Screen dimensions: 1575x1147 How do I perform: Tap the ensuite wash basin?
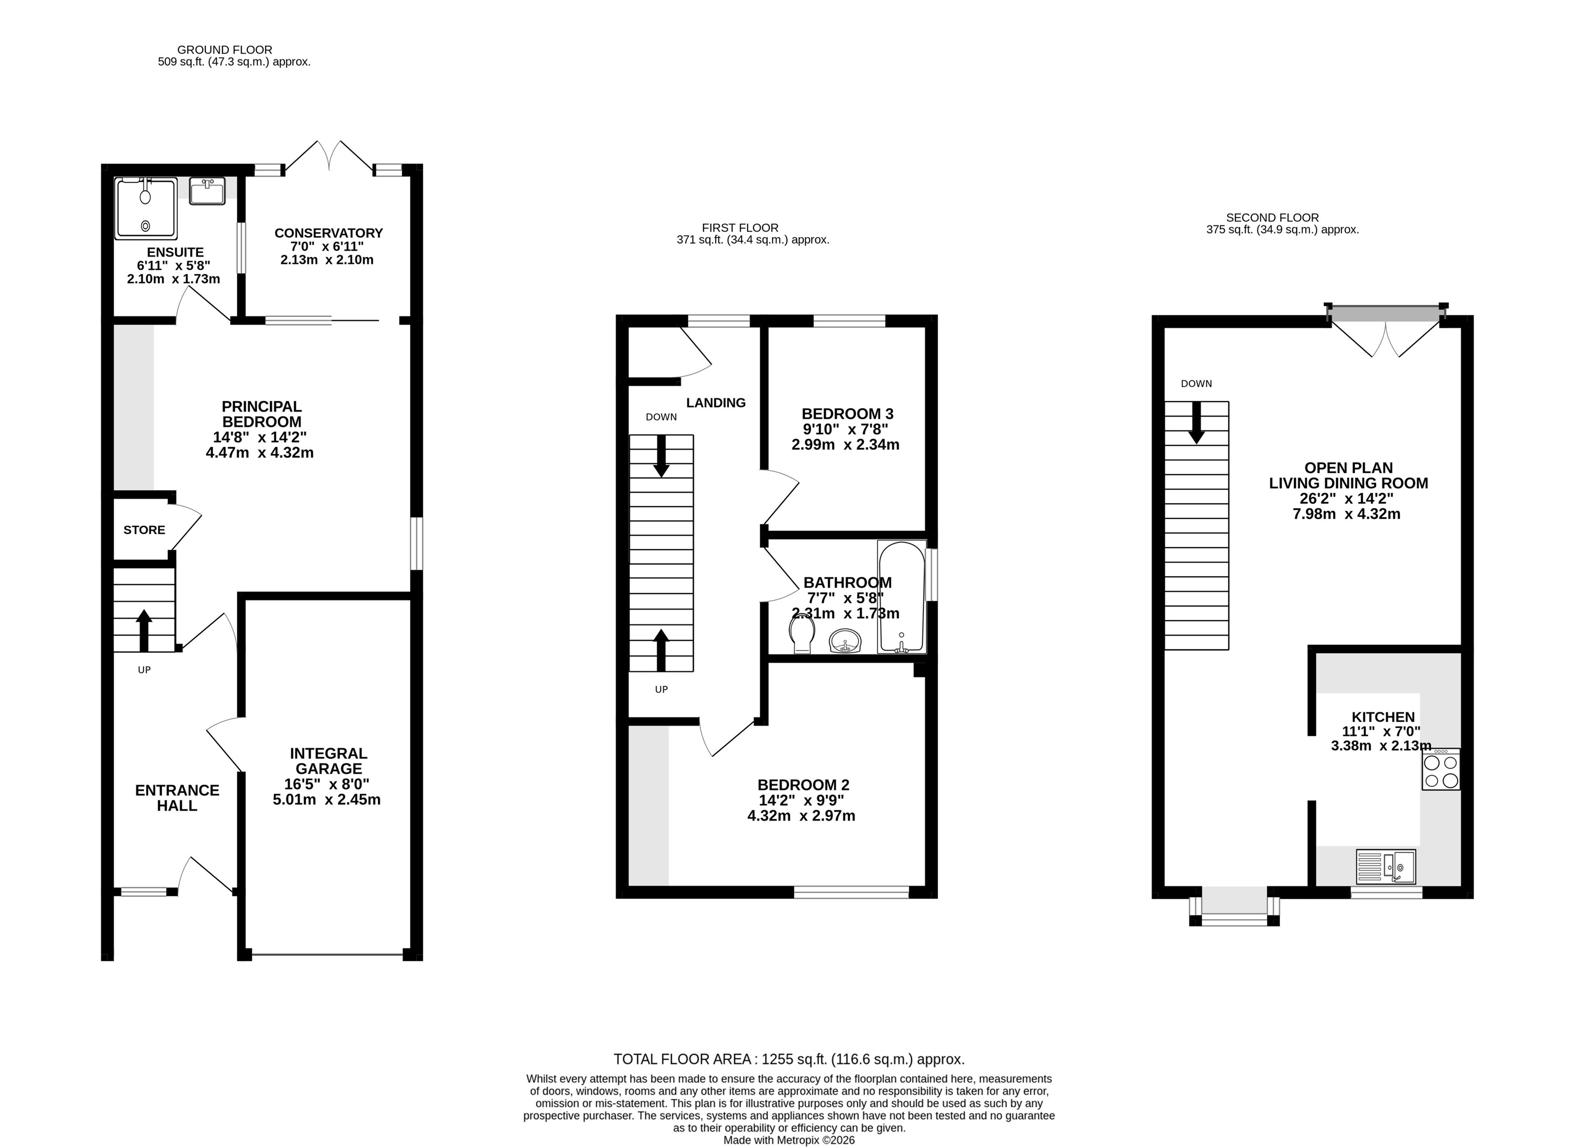(207, 191)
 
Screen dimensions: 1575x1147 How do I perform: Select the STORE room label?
(145, 530)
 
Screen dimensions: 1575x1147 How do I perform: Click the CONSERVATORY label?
(328, 233)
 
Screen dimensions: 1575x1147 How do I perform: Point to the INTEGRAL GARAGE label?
(328, 761)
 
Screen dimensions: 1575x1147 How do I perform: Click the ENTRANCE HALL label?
(177, 797)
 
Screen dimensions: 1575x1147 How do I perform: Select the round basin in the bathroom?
(845, 640)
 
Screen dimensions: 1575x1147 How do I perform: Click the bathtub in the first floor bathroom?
(902, 597)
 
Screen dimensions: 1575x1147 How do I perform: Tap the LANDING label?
(716, 403)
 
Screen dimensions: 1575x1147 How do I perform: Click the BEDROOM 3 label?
(847, 414)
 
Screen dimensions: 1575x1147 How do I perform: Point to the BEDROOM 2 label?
(803, 785)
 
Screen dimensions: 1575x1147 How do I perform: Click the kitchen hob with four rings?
(1441, 769)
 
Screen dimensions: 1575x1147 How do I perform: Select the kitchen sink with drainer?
(1386, 866)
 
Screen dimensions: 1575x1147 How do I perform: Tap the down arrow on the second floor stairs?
(1196, 423)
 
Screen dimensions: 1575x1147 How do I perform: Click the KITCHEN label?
(1383, 717)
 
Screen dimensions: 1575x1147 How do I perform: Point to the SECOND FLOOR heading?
(1272, 217)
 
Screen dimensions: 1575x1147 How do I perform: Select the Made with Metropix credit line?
(789, 1140)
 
